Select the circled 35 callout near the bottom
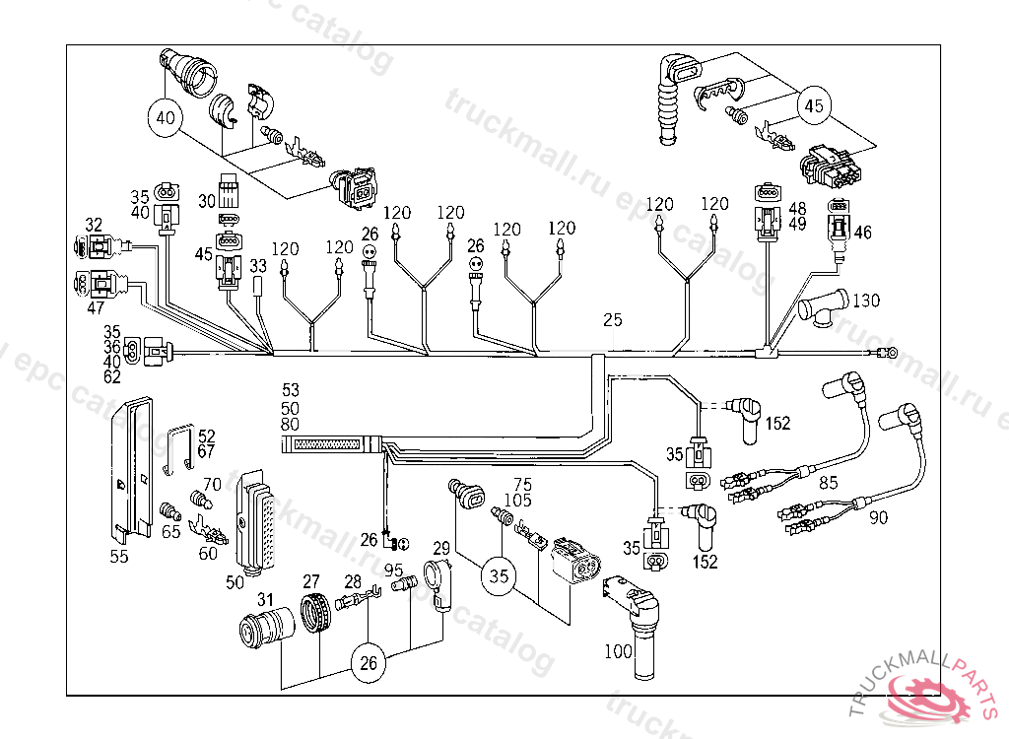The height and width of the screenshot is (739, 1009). [x=500, y=576]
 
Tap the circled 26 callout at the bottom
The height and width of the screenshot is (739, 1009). [x=368, y=663]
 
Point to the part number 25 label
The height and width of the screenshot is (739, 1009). [x=613, y=320]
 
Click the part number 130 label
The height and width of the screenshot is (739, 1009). [x=866, y=300]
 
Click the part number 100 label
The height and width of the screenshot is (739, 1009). [x=617, y=651]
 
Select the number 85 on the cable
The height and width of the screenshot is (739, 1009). [x=829, y=483]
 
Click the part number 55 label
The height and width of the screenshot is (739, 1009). [x=119, y=556]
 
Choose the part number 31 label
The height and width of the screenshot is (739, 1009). [x=265, y=600]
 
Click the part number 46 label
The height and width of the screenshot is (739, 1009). [x=863, y=234]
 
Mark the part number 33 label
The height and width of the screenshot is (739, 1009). [x=258, y=266]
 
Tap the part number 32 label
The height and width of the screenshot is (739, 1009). [x=94, y=225]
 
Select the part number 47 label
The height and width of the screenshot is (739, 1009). [x=95, y=308]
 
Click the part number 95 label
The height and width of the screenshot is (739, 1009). [x=394, y=571]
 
